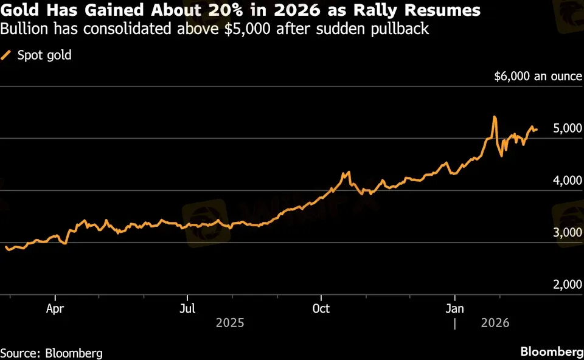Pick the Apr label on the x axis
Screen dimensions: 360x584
click(x=55, y=308)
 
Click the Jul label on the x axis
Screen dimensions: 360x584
click(x=188, y=308)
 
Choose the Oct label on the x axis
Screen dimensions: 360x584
click(x=321, y=308)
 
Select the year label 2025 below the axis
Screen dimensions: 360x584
click(x=230, y=322)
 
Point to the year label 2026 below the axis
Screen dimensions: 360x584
click(x=496, y=322)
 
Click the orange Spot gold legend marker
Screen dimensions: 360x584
click(x=7, y=55)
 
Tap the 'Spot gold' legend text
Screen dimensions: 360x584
click(x=44, y=55)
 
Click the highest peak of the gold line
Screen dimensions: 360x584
click(x=495, y=117)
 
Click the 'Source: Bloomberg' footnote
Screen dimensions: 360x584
click(x=51, y=353)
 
